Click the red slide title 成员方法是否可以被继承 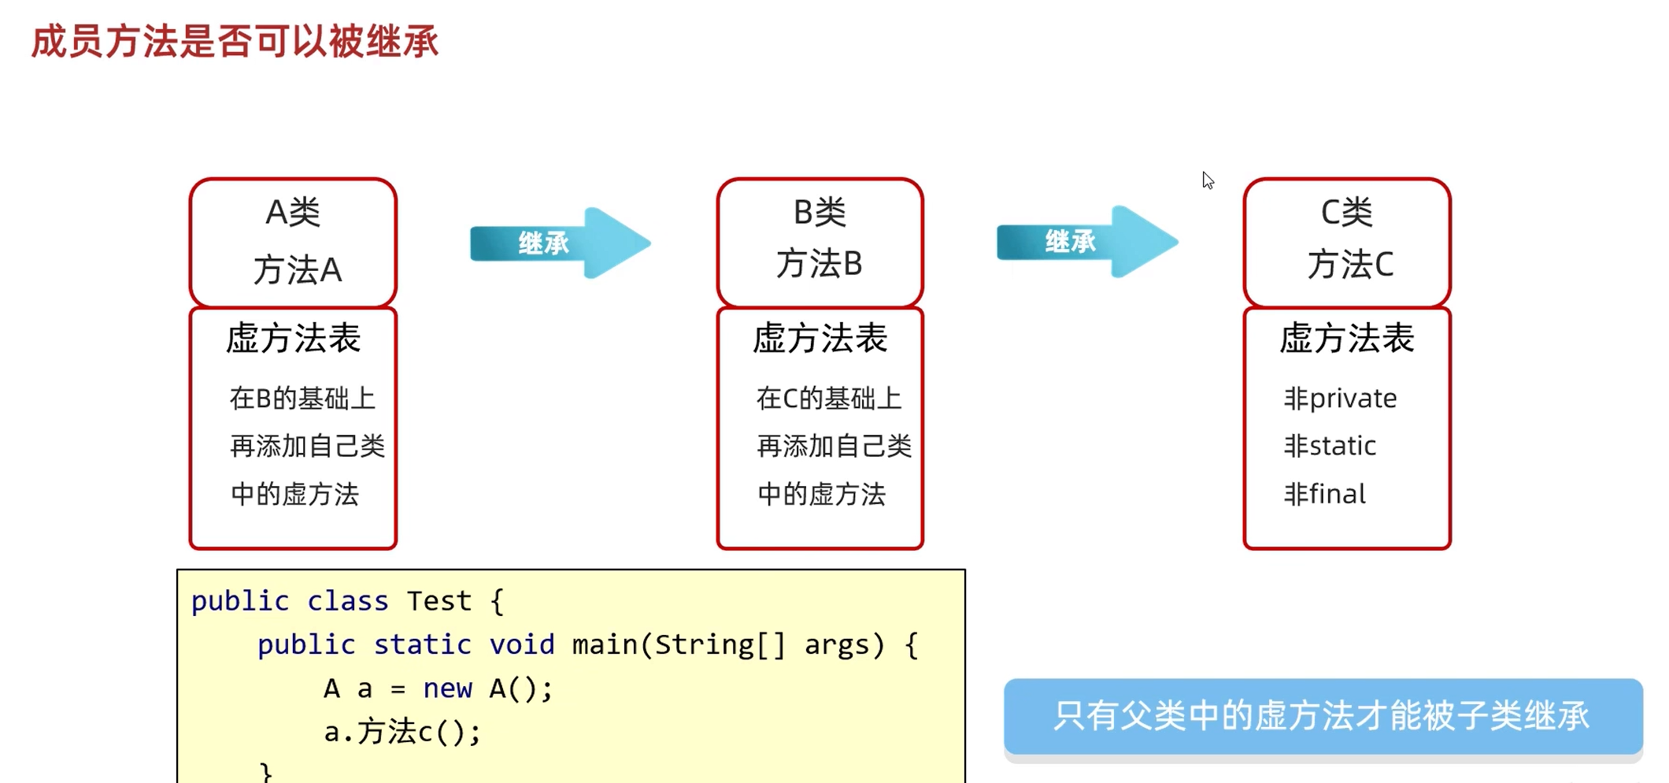point(235,41)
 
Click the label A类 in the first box point(293,212)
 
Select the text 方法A point(298,270)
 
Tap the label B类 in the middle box point(820,212)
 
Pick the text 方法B point(820,264)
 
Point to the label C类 point(1346,212)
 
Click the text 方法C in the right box point(1350,264)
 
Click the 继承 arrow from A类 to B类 point(559,243)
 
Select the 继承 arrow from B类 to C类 point(1086,241)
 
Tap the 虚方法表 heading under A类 point(293,339)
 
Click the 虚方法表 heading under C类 point(1346,339)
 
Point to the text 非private point(1340,399)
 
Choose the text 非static point(1330,446)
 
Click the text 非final point(1325,494)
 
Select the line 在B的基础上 point(302,399)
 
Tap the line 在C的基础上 point(829,399)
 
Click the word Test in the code point(439,601)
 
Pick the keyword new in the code point(447,688)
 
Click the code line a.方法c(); point(402,732)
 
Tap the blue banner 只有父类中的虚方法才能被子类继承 point(1323,716)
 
